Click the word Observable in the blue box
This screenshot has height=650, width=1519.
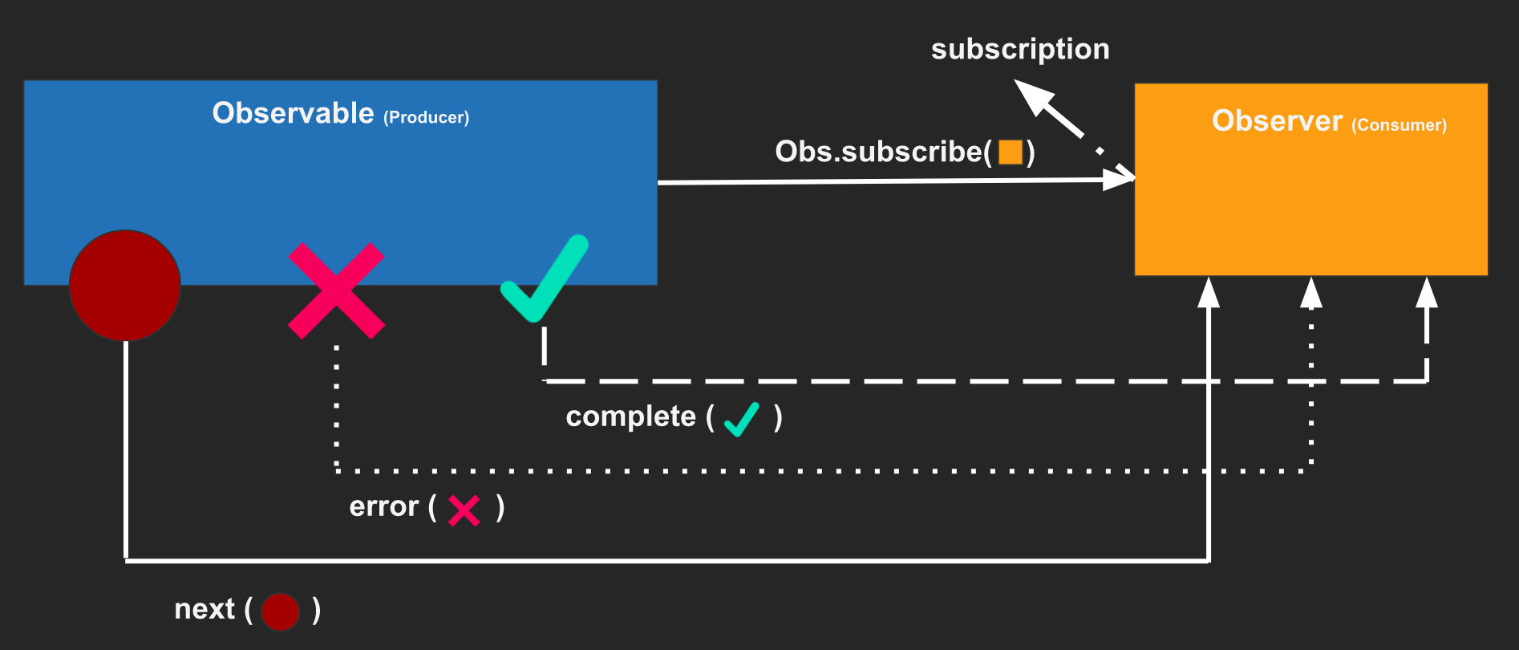click(x=293, y=113)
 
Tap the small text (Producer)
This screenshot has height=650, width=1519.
click(x=426, y=118)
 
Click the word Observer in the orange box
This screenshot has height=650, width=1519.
click(x=1277, y=121)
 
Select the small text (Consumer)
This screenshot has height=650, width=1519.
click(x=1399, y=125)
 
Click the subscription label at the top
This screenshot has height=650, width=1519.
click(x=1020, y=50)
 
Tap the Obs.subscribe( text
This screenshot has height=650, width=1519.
click(x=882, y=152)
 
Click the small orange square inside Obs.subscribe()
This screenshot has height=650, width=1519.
click(x=1011, y=152)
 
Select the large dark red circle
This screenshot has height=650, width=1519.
click(x=125, y=286)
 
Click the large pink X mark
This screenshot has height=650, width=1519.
click(x=336, y=290)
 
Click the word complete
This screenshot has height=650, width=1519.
click(x=630, y=416)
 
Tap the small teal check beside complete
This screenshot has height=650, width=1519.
click(x=741, y=419)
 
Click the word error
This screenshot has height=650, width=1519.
click(x=383, y=507)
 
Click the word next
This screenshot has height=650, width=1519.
click(x=205, y=609)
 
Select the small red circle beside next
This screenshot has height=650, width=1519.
click(x=280, y=612)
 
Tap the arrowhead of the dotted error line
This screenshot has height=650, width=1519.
click(x=1310, y=295)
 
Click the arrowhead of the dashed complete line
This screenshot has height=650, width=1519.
click(x=1426, y=295)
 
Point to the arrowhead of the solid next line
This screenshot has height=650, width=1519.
click(x=1208, y=295)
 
